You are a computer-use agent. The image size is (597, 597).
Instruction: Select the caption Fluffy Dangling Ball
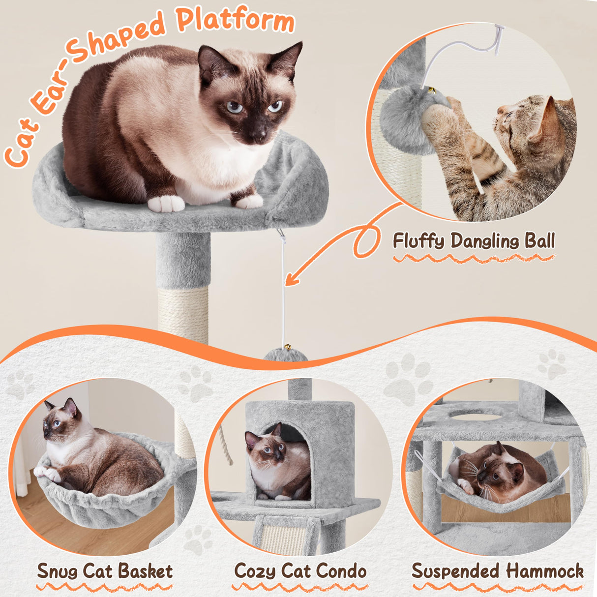(474, 241)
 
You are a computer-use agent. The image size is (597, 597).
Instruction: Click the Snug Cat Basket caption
(105, 571)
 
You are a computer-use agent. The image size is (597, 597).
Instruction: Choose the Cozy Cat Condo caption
(300, 571)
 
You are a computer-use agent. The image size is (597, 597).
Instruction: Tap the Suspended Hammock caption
(498, 571)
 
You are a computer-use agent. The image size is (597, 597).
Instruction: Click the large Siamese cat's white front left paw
(166, 203)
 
